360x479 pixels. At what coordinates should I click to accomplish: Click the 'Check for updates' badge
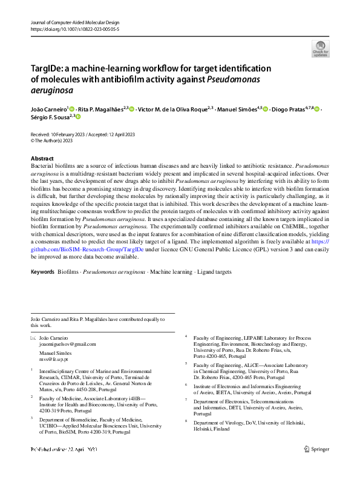click(x=320, y=48)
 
